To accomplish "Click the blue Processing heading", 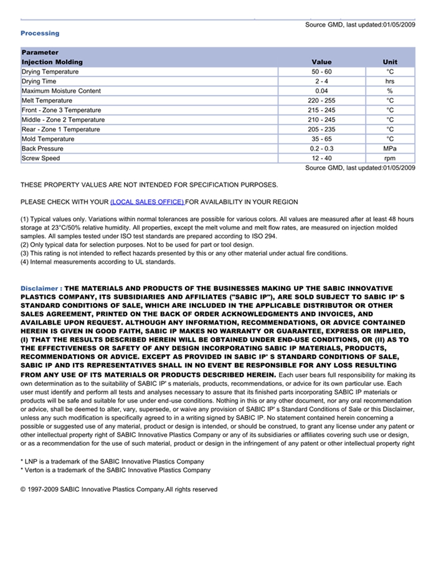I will [x=40, y=33].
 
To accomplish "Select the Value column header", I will [x=321, y=62].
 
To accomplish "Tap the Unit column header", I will [x=390, y=62].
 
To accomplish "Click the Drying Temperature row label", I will [x=50, y=72].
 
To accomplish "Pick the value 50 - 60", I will [x=321, y=72].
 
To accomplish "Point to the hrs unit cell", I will [x=390, y=82].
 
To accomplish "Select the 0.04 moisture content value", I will [x=321, y=91].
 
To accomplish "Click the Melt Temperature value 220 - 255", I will [x=321, y=101].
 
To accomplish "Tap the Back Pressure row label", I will [x=42, y=149].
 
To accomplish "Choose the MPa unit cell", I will [x=390, y=149].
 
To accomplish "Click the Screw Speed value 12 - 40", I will [x=321, y=158].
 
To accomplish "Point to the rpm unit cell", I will [x=390, y=158].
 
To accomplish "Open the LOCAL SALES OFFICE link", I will [x=147, y=202].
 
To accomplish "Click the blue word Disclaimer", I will [x=39, y=289].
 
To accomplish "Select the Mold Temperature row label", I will [x=47, y=139].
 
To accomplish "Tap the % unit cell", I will [x=390, y=91].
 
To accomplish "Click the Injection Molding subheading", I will [x=52, y=62].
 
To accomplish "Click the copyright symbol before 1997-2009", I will [x=23, y=490].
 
